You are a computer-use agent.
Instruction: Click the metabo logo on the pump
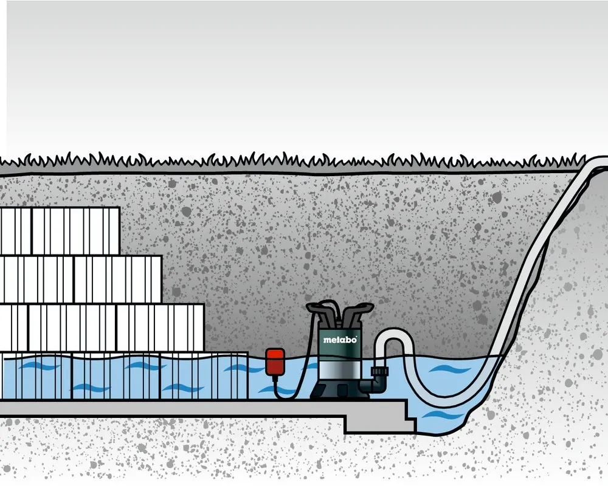[340, 340]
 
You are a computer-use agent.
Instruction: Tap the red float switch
[275, 362]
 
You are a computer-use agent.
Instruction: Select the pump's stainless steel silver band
[340, 371]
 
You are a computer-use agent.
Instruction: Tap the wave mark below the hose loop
[441, 416]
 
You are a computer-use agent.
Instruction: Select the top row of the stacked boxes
[60, 231]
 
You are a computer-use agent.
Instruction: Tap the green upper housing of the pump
[340, 343]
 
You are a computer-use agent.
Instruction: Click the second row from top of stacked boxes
[81, 279]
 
